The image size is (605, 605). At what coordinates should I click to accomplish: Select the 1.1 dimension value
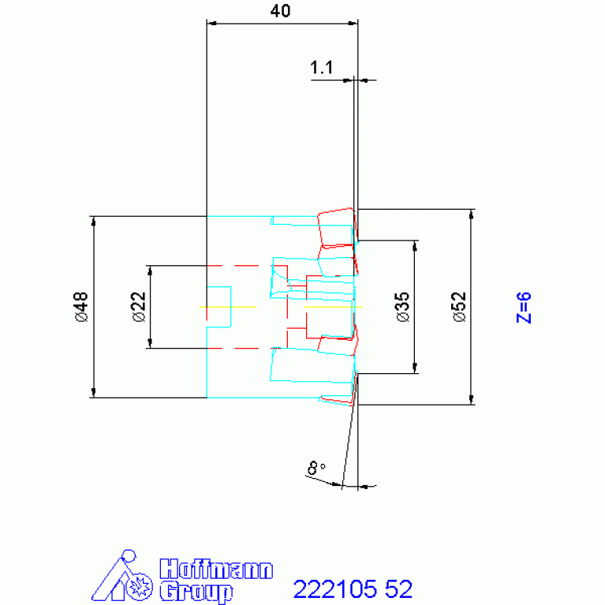[x=321, y=69]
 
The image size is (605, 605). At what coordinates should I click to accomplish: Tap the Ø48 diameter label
[x=82, y=307]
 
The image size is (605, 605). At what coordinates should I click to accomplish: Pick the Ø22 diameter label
[x=138, y=306]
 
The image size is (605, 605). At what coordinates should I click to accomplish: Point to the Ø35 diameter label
[x=403, y=306]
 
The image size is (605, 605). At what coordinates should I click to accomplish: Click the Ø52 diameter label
[x=460, y=307]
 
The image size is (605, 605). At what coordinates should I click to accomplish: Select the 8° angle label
[x=316, y=469]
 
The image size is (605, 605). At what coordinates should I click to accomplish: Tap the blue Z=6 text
[x=524, y=308]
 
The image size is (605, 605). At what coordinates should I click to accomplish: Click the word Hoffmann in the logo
[x=216, y=570]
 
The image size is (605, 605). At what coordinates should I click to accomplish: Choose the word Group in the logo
[x=196, y=591]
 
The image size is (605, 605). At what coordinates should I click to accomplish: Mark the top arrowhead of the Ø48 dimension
[x=93, y=221]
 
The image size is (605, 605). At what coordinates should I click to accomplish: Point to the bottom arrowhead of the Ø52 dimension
[x=472, y=399]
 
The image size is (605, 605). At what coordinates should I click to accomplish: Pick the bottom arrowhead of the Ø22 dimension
[x=149, y=342]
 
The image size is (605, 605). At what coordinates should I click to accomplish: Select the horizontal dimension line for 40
[x=282, y=23]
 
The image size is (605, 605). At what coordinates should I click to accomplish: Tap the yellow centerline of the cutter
[x=237, y=306]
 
